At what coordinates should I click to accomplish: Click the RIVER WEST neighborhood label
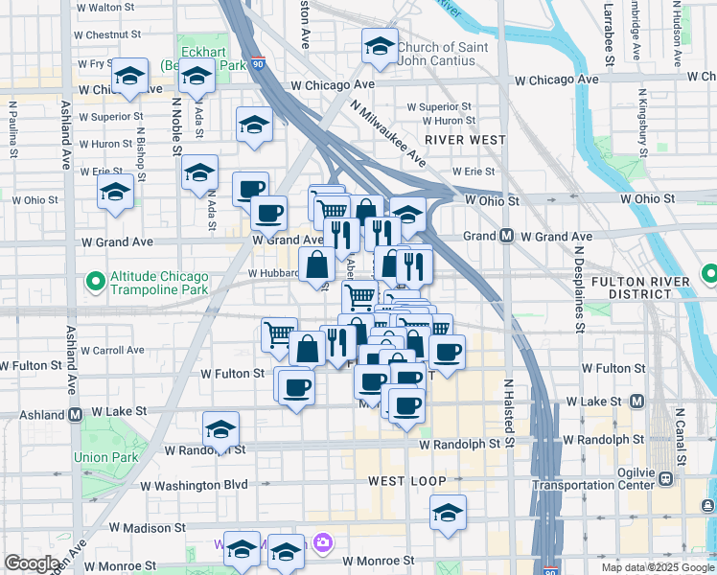click(x=465, y=140)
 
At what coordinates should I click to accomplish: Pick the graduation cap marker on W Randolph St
click(x=221, y=429)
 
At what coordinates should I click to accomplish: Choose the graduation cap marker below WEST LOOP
click(x=448, y=513)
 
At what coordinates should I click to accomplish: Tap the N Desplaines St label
click(x=580, y=287)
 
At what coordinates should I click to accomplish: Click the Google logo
click(x=33, y=563)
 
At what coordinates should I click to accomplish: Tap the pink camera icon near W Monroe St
click(x=323, y=543)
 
